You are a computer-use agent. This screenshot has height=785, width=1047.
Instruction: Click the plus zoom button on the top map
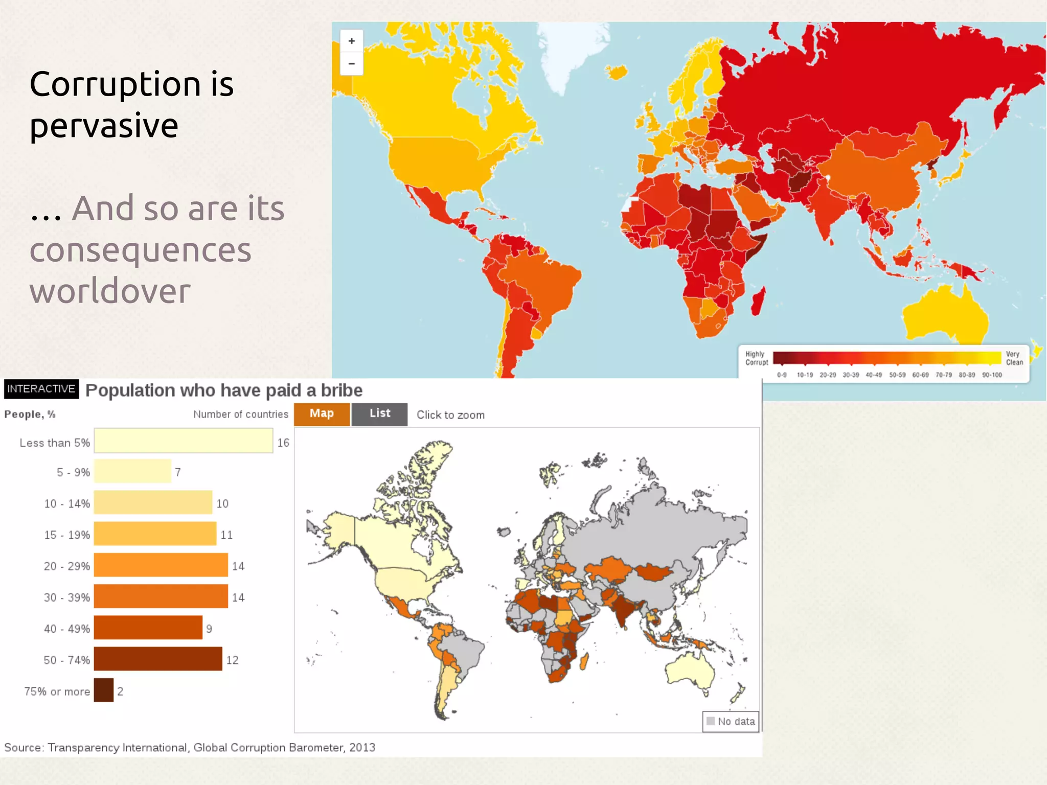tap(352, 41)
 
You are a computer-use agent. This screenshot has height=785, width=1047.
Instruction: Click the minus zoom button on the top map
tap(352, 64)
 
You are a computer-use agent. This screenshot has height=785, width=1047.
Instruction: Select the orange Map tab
tap(322, 414)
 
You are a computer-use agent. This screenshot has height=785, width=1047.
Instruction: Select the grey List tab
tap(380, 414)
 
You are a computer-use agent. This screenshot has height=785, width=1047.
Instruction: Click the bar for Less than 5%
tap(183, 441)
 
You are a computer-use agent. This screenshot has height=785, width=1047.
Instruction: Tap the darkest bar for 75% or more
tap(104, 690)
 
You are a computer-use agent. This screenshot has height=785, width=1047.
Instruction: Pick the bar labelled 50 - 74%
tap(158, 659)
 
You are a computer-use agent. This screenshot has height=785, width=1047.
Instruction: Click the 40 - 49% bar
tap(148, 628)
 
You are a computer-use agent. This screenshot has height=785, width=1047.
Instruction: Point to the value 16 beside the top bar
tap(283, 443)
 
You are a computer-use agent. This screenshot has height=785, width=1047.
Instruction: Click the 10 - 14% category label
tap(67, 504)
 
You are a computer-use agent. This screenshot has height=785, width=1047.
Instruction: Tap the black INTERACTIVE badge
tap(41, 389)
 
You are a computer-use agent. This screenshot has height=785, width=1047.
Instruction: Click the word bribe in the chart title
tap(342, 391)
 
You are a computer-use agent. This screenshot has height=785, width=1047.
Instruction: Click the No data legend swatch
tap(711, 721)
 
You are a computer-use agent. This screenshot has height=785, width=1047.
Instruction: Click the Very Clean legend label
tap(1014, 358)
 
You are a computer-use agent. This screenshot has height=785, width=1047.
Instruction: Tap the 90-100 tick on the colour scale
tap(992, 375)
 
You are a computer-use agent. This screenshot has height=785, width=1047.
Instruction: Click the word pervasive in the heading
tap(104, 126)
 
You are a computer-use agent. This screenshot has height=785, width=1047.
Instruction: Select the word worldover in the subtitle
tap(110, 291)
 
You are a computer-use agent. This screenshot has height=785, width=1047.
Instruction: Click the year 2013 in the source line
tap(362, 748)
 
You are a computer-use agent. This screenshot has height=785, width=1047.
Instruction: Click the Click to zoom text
tap(450, 415)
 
